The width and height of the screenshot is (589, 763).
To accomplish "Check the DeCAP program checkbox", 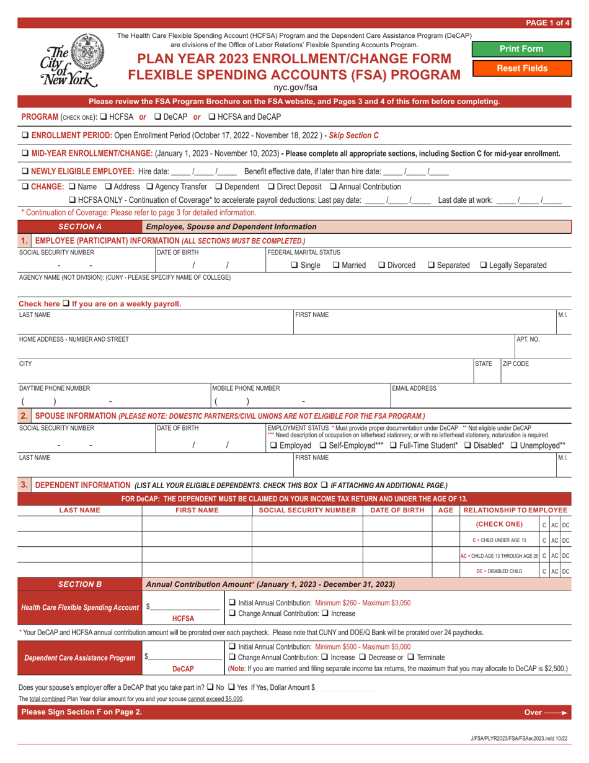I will (x=157, y=117).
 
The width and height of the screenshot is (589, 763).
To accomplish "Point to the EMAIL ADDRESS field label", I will (x=414, y=388).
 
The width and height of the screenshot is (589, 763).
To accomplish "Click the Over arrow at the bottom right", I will (x=546, y=712).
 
